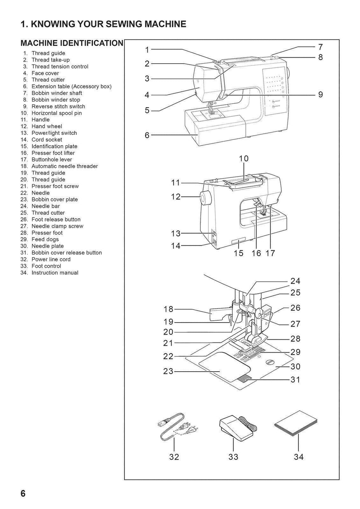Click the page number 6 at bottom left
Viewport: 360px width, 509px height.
pyautogui.click(x=23, y=493)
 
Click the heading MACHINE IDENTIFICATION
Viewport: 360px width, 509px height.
pyautogui.click(x=72, y=43)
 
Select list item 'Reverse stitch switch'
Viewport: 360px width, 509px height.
pyautogui.click(x=58, y=106)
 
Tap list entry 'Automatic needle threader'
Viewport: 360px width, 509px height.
pyautogui.click(x=65, y=166)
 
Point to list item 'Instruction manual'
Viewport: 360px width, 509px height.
pyautogui.click(x=55, y=273)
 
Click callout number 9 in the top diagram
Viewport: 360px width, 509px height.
pyautogui.click(x=320, y=94)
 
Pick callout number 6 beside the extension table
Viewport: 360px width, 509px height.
pyautogui.click(x=147, y=135)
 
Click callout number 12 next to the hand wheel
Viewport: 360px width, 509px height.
pyautogui.click(x=175, y=197)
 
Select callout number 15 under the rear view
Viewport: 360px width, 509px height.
pyautogui.click(x=238, y=253)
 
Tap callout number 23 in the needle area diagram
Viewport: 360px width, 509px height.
pyautogui.click(x=168, y=371)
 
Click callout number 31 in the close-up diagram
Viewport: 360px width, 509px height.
pyautogui.click(x=295, y=380)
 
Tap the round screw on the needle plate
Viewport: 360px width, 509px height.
pyautogui.click(x=270, y=363)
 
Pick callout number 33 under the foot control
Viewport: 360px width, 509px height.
pyautogui.click(x=233, y=457)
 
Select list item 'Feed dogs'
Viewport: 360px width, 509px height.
pyautogui.click(x=45, y=240)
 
